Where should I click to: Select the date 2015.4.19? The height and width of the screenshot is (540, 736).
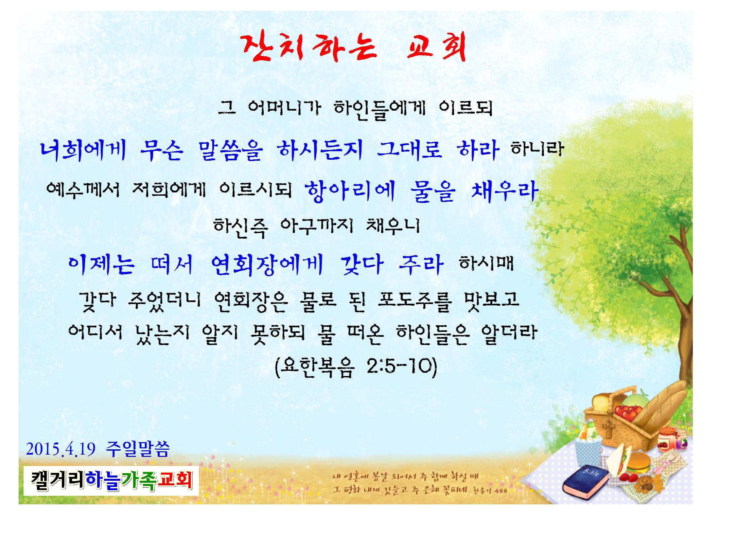coord(61,449)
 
